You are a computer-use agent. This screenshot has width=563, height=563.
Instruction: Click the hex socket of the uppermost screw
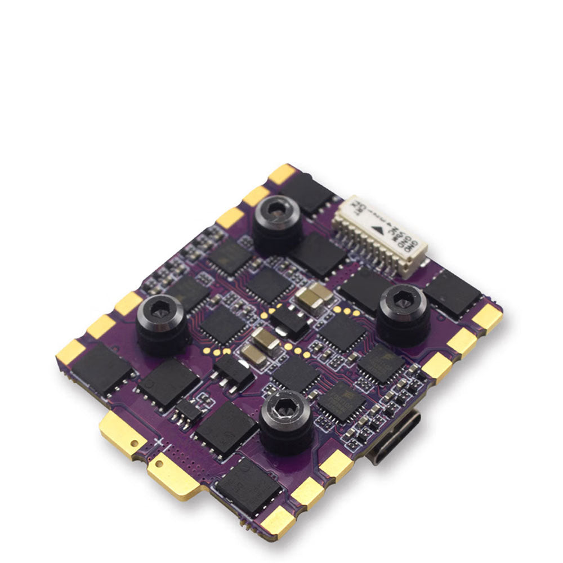276,210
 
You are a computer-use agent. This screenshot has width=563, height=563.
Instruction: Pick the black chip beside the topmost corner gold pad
309,191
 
